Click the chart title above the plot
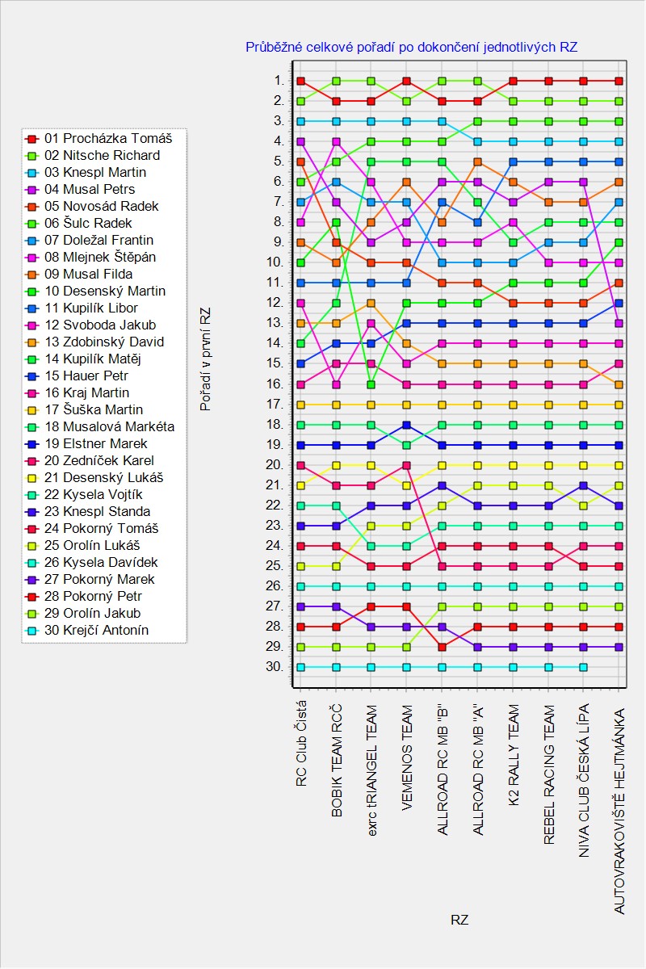click(412, 48)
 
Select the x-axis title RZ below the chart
click(459, 920)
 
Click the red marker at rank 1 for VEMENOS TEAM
click(407, 81)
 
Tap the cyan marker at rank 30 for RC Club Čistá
click(300, 667)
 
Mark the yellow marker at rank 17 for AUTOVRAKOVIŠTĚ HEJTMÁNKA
click(619, 404)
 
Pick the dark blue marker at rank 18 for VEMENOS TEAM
click(407, 425)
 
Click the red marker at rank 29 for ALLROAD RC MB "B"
click(442, 647)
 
